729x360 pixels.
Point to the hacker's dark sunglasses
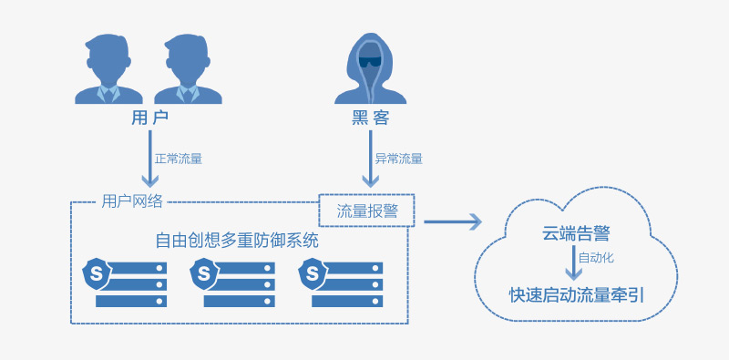coord(369,62)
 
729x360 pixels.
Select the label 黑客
coord(369,119)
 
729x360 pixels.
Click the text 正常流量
coord(178,158)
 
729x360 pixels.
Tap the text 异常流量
coord(398,158)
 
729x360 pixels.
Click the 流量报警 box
coord(366,211)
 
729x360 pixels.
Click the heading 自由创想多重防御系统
coord(237,241)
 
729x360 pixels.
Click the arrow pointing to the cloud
coord(452,221)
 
